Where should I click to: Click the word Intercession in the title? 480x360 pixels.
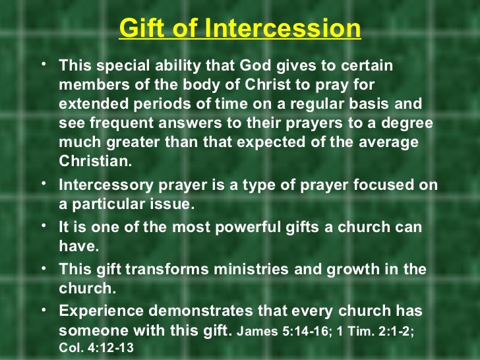point(283,29)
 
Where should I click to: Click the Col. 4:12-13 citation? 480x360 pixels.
point(96,347)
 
